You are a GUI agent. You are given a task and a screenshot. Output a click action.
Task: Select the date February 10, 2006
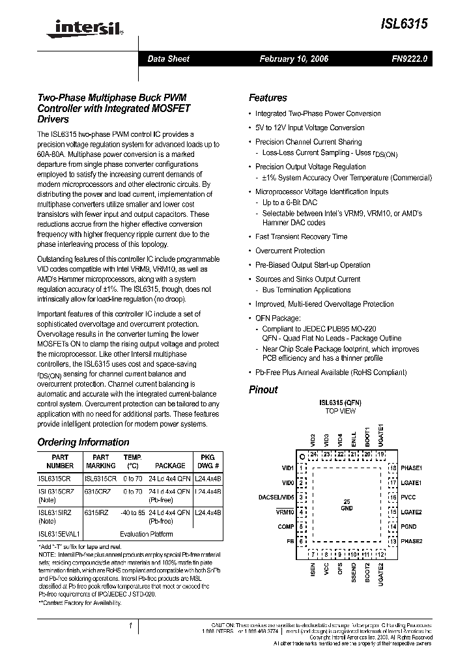pos(294,59)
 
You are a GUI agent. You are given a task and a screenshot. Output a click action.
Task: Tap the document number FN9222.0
pos(408,59)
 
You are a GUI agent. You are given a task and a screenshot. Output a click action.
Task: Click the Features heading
pos(268,98)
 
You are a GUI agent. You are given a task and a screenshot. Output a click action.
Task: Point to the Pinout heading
pos(263,389)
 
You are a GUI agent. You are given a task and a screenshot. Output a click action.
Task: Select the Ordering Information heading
pos(83,442)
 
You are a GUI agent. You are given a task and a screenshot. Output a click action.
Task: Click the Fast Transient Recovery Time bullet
pos(301,237)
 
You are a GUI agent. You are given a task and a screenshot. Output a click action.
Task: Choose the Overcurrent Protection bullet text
pos(290,251)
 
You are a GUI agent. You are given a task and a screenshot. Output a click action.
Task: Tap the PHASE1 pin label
pos(411,468)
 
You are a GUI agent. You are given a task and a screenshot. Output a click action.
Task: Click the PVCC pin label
pos(408,498)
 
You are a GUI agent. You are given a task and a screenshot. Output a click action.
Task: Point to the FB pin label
pos(290,541)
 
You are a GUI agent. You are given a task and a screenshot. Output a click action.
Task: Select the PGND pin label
pos(408,527)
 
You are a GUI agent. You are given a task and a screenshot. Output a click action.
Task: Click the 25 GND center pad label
pos(347,504)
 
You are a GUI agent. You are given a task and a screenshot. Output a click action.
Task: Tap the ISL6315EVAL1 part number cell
pos(59,534)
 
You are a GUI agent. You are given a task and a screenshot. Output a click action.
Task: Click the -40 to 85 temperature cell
pos(132,512)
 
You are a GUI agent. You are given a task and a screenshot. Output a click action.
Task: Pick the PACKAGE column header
pos(170,466)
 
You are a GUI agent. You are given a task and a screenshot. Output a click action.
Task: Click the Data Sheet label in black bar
pos(168,59)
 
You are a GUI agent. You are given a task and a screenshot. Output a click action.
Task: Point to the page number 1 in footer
pos(130,626)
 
